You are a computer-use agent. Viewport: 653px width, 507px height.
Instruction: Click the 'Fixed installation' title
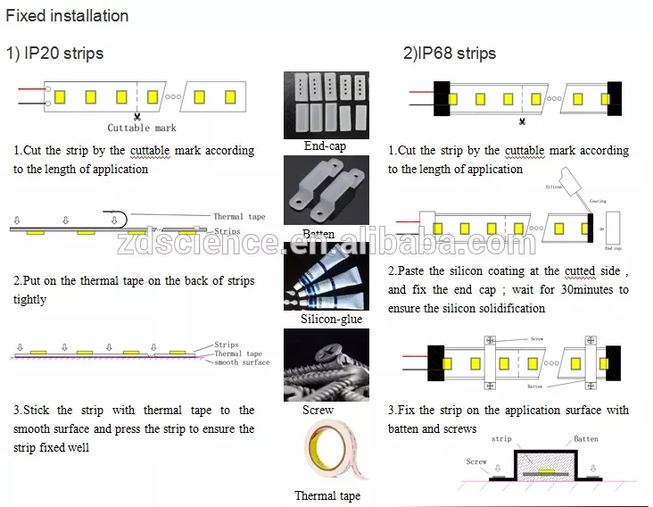[x=68, y=16]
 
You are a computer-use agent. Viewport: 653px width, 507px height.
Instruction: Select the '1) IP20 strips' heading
[x=55, y=54]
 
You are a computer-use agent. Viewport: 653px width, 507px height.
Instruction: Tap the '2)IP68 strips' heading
[x=449, y=54]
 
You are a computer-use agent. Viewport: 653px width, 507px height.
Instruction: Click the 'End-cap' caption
[x=325, y=145]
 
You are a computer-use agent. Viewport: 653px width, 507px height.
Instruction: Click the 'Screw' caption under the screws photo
[x=318, y=411]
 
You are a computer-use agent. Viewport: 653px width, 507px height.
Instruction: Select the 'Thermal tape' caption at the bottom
[x=327, y=495]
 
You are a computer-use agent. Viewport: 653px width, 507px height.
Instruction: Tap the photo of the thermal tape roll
[x=326, y=453]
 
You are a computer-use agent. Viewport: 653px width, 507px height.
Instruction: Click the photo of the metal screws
[x=326, y=365]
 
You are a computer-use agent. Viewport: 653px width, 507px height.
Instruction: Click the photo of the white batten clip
[x=326, y=190]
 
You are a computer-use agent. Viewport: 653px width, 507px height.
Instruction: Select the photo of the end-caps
[x=326, y=104]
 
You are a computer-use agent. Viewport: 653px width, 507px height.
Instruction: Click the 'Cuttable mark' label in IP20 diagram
[x=140, y=129]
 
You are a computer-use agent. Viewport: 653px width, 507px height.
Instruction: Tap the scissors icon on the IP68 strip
[x=522, y=120]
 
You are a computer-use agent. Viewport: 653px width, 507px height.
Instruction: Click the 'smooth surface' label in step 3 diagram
[x=242, y=362]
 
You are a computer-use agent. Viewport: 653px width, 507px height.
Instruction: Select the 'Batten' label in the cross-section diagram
[x=585, y=438]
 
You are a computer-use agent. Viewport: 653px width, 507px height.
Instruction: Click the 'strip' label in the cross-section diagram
[x=501, y=439]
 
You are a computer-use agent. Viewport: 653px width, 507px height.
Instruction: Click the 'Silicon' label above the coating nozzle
[x=554, y=187]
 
